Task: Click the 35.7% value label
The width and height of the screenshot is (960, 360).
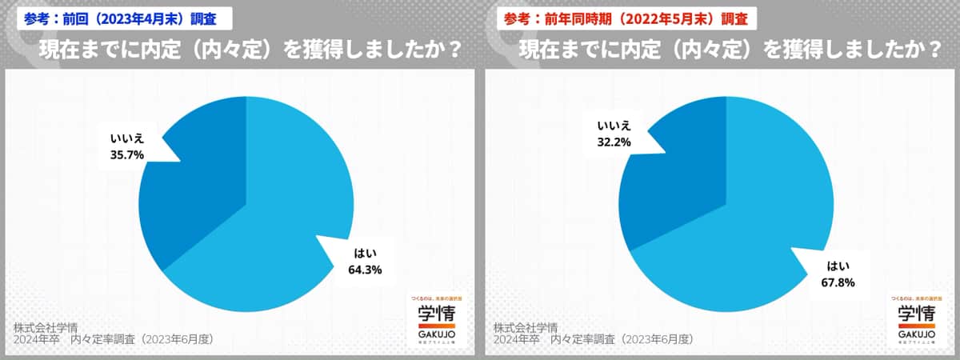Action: pos(126,155)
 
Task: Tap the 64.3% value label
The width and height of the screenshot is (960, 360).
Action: pos(365,270)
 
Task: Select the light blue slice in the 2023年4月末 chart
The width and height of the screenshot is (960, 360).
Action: pos(272,240)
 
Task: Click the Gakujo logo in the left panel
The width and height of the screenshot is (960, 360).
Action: pos(434,319)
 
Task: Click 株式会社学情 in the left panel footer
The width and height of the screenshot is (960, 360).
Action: pos(46,327)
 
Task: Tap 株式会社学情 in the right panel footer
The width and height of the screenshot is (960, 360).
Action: pos(526,327)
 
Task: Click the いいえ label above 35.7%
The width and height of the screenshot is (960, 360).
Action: pos(126,139)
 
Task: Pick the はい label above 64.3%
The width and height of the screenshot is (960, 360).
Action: pos(365,254)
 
